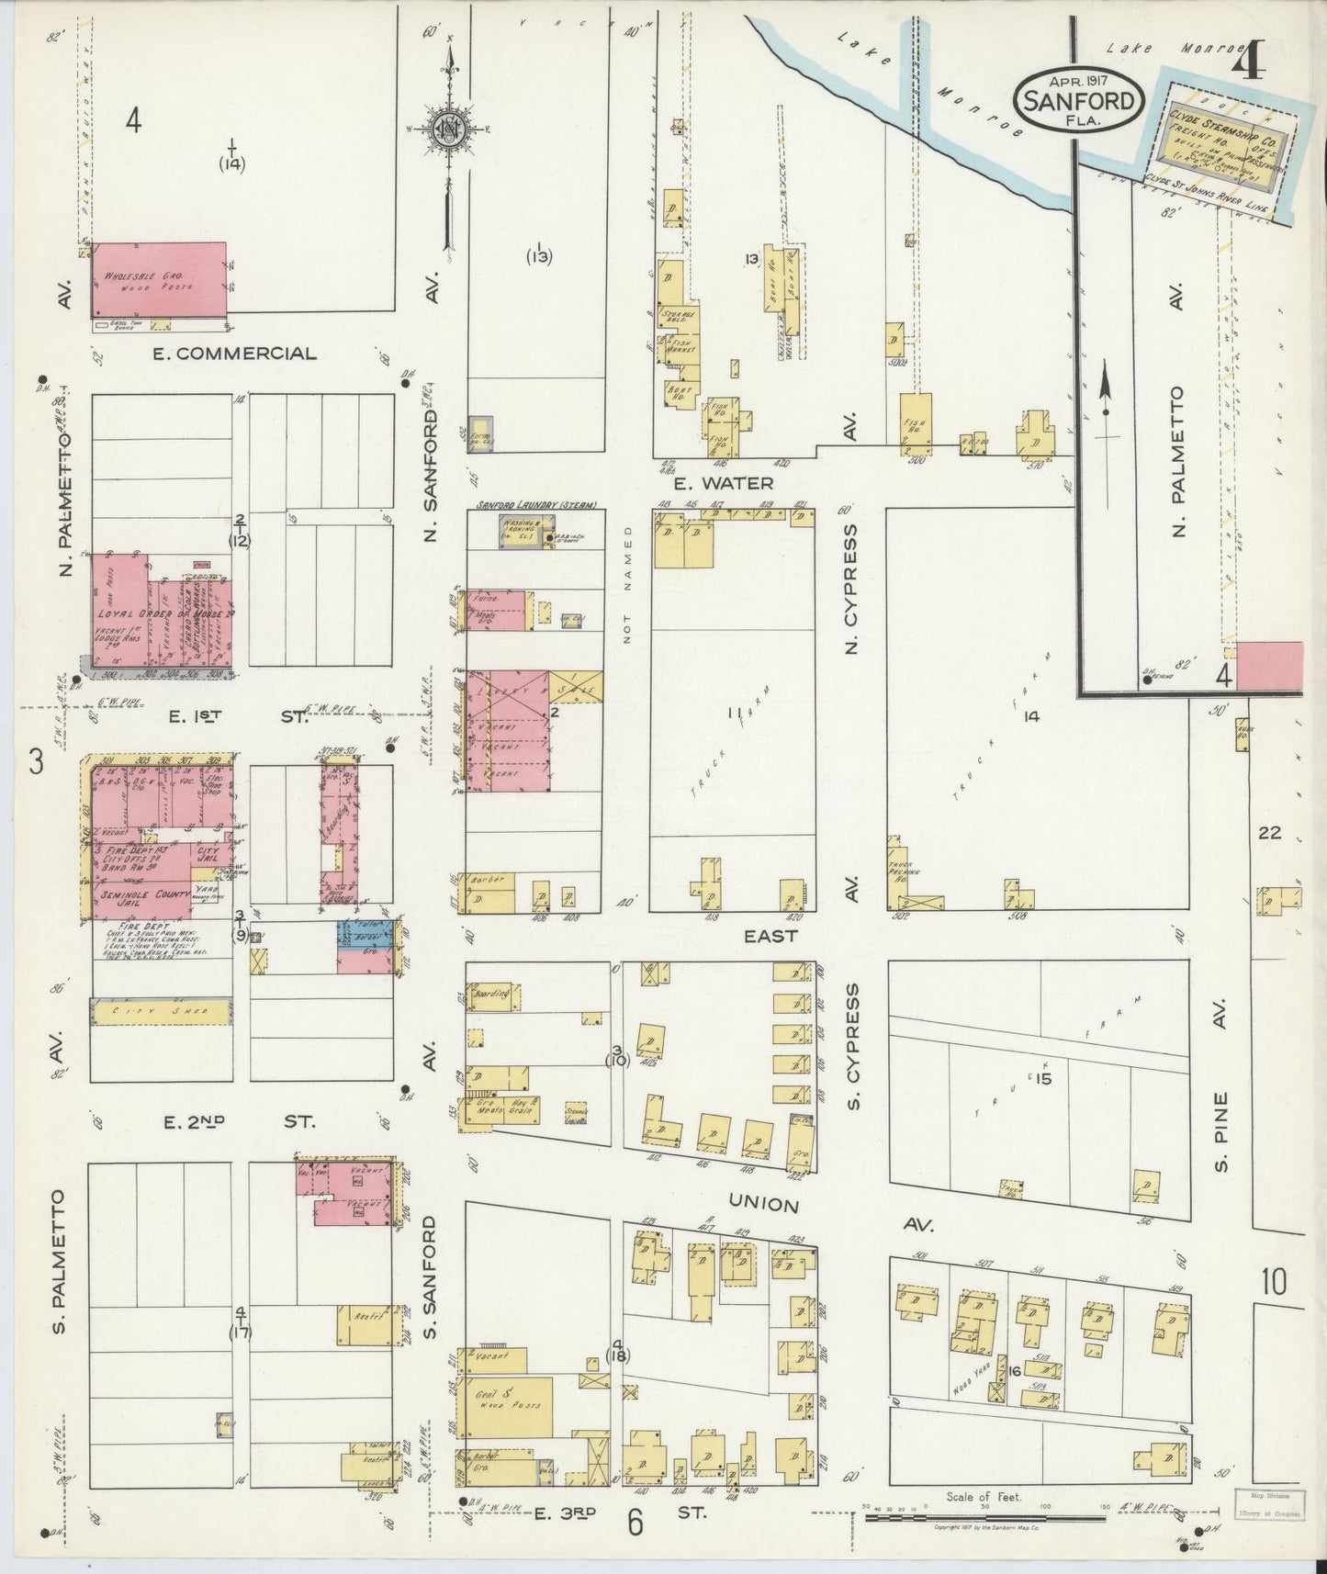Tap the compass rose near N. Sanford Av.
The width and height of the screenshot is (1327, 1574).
[449, 126]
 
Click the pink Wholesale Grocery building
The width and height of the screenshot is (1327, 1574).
[158, 279]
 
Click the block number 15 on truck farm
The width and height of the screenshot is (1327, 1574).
[1042, 1078]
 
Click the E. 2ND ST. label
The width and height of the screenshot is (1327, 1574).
[239, 1121]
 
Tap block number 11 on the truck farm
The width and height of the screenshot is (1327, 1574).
[733, 712]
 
